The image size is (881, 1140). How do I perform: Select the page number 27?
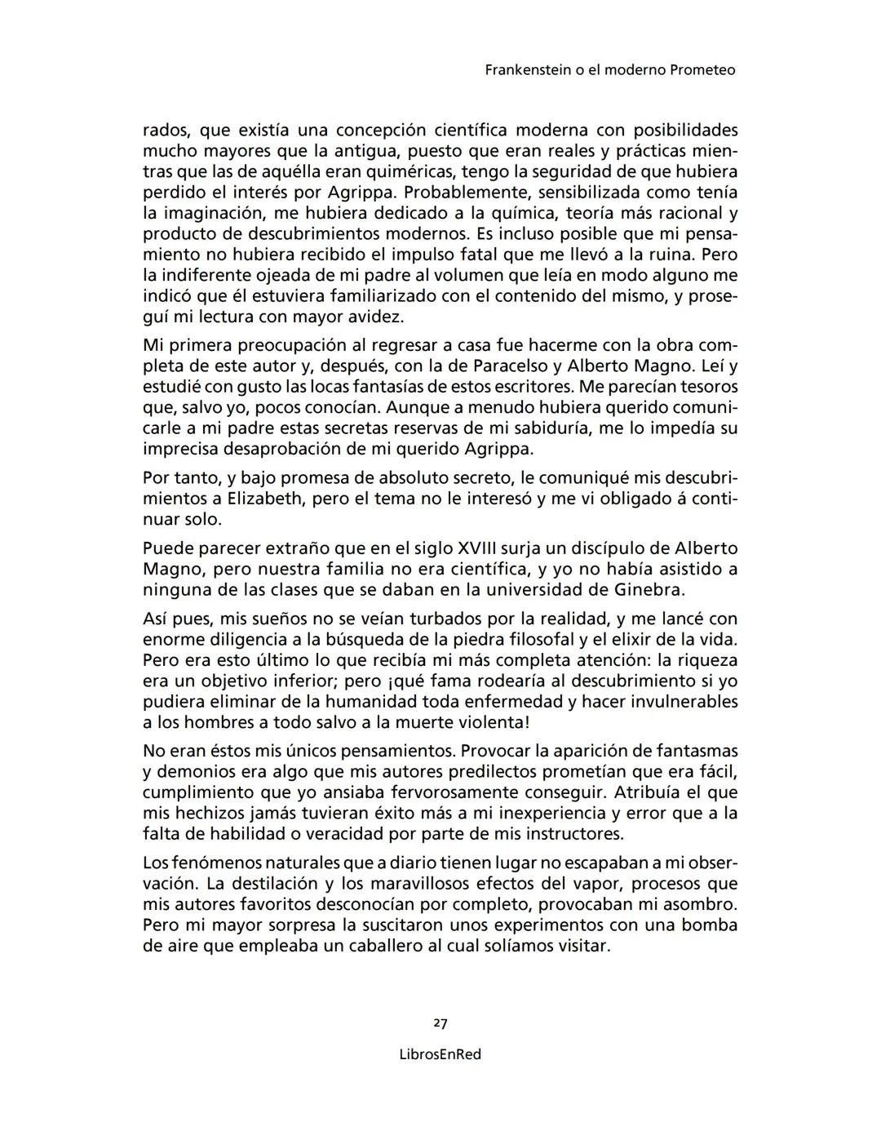(x=440, y=1023)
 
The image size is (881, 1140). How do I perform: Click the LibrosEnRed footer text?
(x=440, y=1054)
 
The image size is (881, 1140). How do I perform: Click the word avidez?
(x=377, y=317)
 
